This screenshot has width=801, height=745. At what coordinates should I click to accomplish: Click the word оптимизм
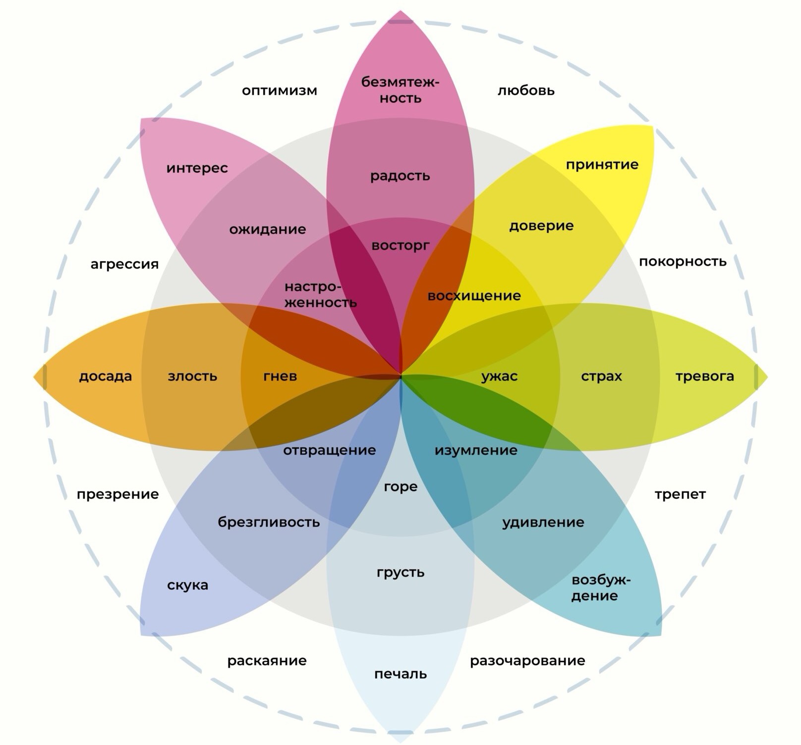[279, 91]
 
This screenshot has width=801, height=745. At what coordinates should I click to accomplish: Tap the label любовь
[526, 91]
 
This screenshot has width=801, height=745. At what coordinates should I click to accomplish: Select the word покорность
[683, 262]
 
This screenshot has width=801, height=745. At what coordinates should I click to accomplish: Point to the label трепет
[680, 494]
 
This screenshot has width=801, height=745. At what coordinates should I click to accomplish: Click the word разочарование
[527, 661]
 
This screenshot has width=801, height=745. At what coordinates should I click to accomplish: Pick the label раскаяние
[267, 661]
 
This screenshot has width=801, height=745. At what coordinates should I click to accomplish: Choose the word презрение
[117, 494]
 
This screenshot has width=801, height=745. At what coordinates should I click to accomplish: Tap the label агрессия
[124, 264]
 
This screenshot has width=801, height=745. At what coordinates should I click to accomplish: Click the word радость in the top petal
[400, 176]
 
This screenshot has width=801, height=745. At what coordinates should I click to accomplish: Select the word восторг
[400, 246]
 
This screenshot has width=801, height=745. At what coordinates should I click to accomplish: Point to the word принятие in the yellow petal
[602, 164]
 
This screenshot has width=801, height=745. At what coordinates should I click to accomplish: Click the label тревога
[704, 376]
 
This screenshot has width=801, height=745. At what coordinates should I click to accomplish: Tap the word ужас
[500, 376]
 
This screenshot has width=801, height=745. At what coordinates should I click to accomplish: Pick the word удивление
[543, 523]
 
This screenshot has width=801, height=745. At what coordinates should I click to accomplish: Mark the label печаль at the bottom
[400, 674]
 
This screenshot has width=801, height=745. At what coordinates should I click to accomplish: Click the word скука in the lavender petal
[187, 585]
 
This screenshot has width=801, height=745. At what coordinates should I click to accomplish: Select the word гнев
[280, 376]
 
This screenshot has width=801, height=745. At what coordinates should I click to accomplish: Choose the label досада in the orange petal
[106, 376]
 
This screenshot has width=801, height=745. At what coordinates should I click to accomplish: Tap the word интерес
[197, 168]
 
